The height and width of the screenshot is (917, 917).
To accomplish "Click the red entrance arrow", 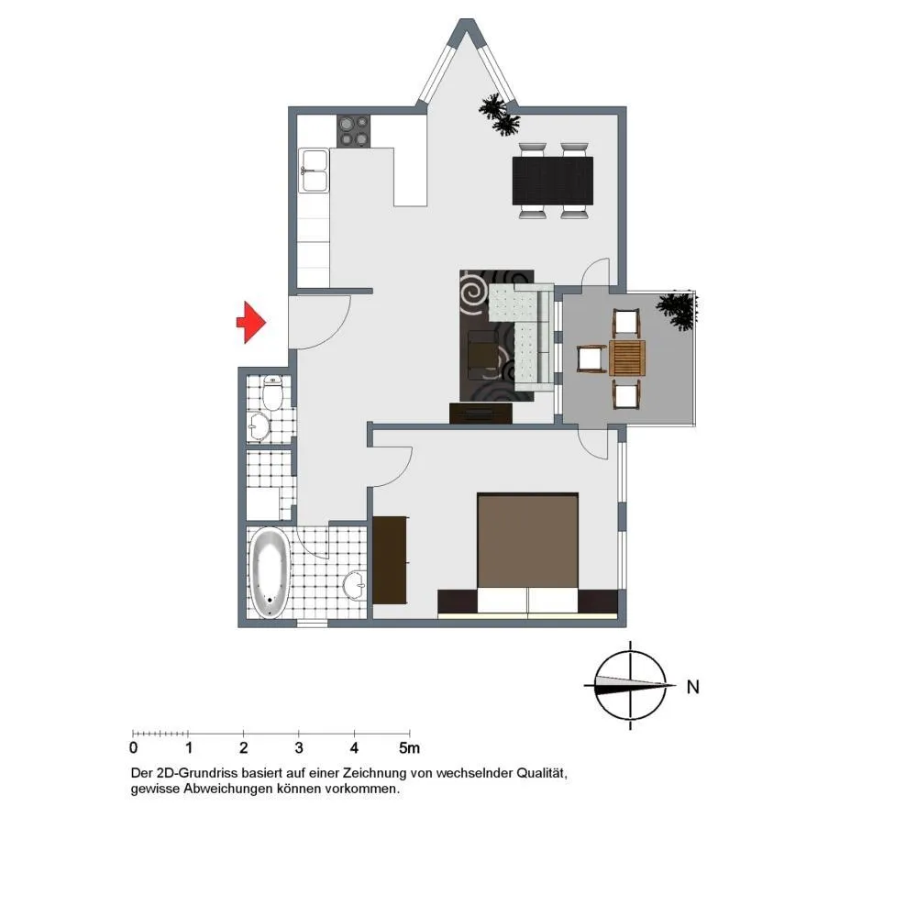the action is click(251, 322).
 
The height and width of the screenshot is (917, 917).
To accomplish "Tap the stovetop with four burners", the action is click(353, 131).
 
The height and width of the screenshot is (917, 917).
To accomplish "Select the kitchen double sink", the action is click(314, 171).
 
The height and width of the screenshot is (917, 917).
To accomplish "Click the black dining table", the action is click(553, 181).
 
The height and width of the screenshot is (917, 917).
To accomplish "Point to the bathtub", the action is click(270, 572).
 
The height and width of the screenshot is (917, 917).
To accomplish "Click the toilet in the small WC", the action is click(272, 392).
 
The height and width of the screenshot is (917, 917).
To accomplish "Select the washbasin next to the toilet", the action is click(259, 426).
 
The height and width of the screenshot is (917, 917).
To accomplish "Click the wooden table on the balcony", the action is click(627, 358).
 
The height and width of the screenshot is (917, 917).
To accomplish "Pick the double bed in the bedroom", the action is click(527, 554).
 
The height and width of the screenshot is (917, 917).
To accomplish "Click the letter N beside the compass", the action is click(693, 687).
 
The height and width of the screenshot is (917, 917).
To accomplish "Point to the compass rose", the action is click(631, 685).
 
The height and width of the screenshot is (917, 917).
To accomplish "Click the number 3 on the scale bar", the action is click(299, 747).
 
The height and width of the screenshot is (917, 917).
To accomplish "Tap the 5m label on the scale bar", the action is click(409, 747).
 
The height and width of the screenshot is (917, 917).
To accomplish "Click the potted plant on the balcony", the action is click(678, 310).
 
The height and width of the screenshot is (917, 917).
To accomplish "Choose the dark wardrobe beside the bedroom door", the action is click(390, 560).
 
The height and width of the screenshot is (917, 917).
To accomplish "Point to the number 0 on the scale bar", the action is click(133, 747).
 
